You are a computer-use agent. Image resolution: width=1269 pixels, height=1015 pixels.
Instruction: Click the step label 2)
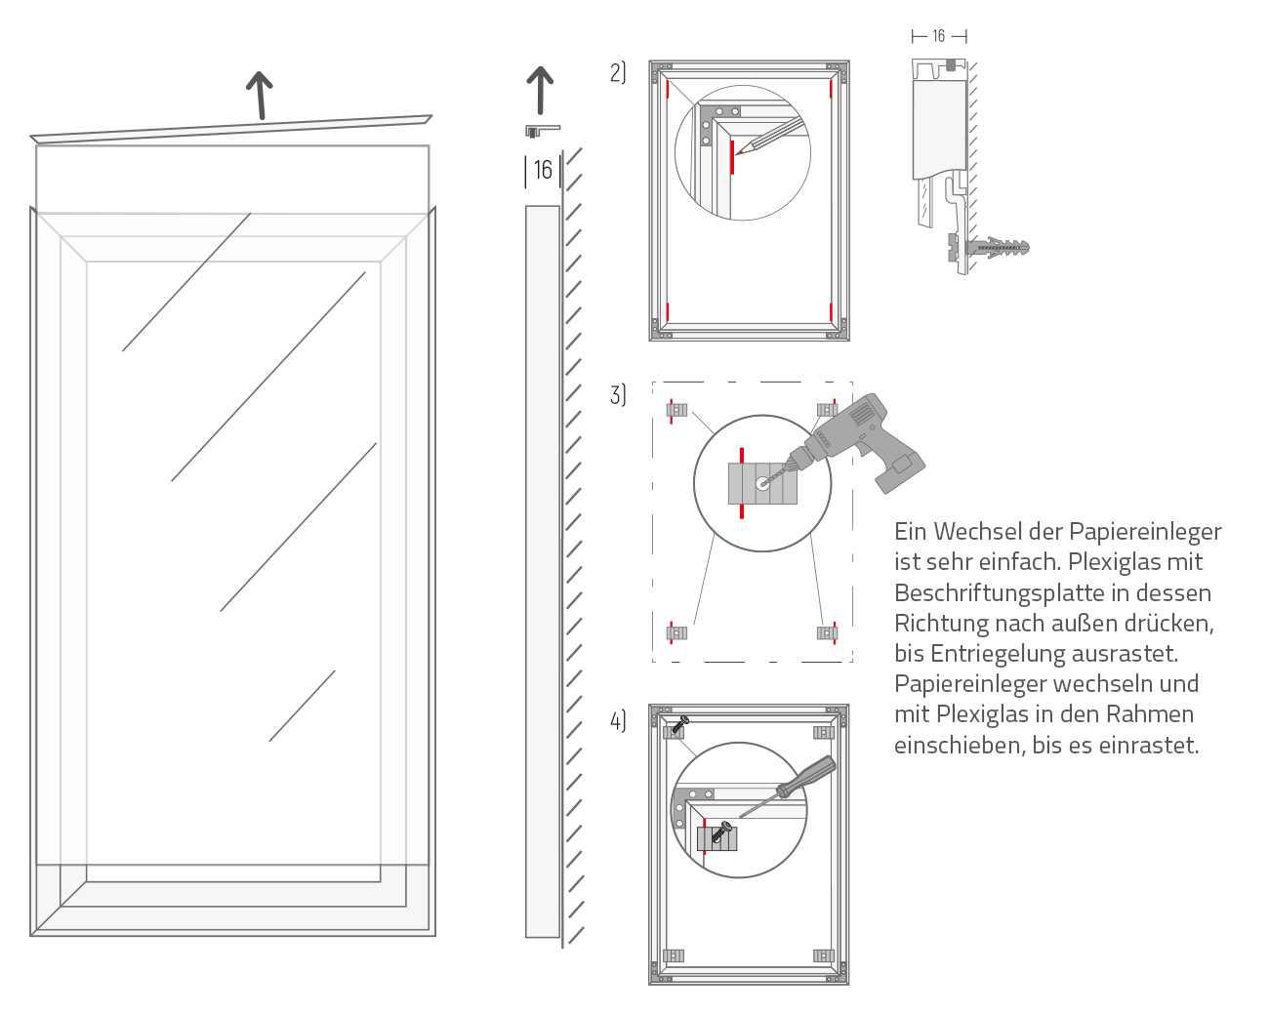coord(618,72)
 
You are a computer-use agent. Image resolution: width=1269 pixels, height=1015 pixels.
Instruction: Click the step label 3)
coord(618,394)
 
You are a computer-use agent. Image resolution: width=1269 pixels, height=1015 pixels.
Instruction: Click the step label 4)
coord(618,720)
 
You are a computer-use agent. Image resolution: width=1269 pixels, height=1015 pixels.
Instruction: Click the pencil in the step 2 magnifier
coord(771,137)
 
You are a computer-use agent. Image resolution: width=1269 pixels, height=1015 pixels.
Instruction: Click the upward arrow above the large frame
coord(259,95)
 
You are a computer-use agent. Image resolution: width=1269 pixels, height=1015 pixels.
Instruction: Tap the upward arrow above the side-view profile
coord(540,90)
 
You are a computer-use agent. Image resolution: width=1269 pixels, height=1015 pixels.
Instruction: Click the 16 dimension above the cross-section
coord(938,36)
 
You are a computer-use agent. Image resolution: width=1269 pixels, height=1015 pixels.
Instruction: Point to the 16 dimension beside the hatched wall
coord(543,170)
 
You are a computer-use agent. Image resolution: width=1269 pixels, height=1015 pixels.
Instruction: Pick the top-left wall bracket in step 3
coord(676,409)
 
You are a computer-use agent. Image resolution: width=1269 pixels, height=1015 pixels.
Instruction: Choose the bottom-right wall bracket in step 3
coord(827,632)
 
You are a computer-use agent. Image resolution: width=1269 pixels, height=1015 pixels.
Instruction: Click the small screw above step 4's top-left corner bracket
coord(680,722)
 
